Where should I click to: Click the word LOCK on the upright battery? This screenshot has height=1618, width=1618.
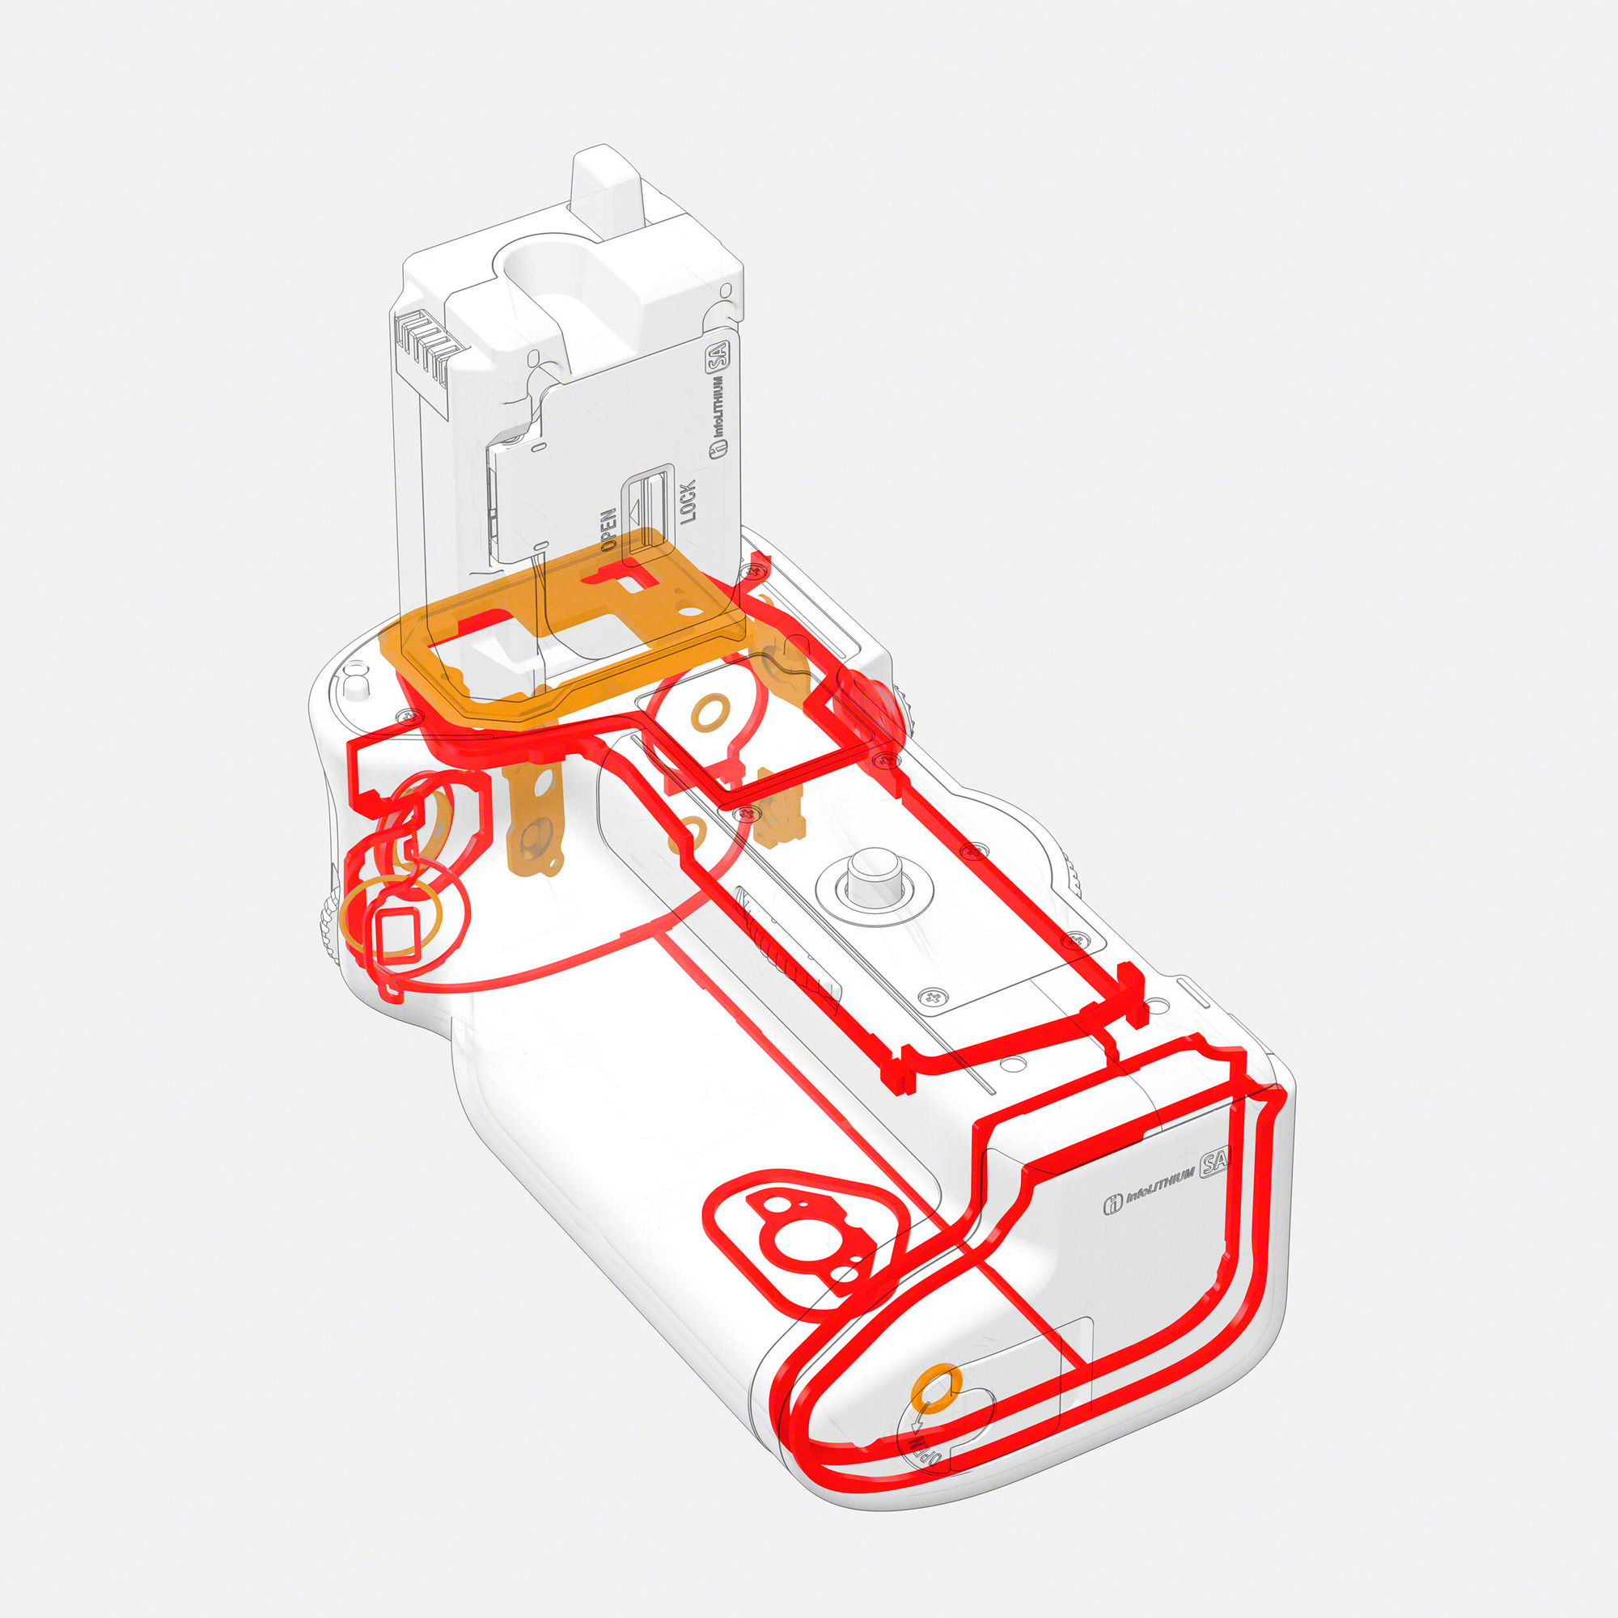[688, 502]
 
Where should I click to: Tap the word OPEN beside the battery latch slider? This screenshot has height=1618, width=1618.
[609, 529]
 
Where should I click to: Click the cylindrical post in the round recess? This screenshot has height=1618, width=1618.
[873, 878]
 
